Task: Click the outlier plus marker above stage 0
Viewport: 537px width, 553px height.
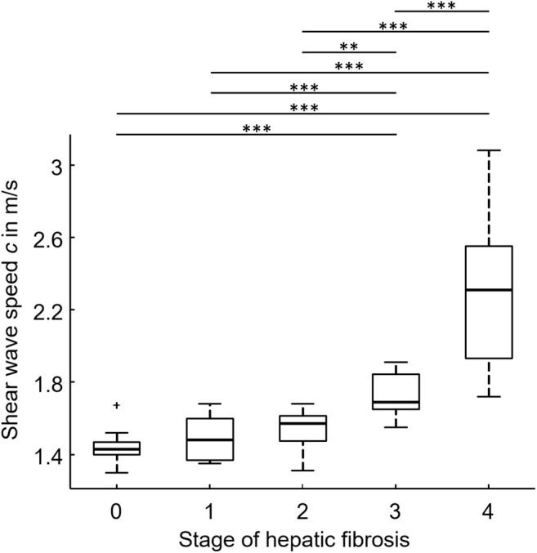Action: (x=117, y=405)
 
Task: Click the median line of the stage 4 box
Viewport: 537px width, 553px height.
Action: (x=489, y=290)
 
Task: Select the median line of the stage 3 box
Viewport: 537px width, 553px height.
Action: (x=396, y=402)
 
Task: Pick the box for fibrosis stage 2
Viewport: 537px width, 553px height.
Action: (x=303, y=429)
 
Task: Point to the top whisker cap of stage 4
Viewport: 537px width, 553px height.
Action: (x=489, y=150)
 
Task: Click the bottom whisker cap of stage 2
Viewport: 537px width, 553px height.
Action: (x=303, y=470)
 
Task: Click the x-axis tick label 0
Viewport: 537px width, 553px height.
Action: (x=117, y=511)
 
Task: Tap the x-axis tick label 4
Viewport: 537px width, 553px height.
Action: (x=489, y=511)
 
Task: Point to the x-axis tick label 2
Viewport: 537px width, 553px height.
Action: (x=303, y=511)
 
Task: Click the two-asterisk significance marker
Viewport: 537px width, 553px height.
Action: (x=350, y=47)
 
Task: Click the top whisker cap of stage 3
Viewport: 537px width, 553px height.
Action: (x=396, y=362)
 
